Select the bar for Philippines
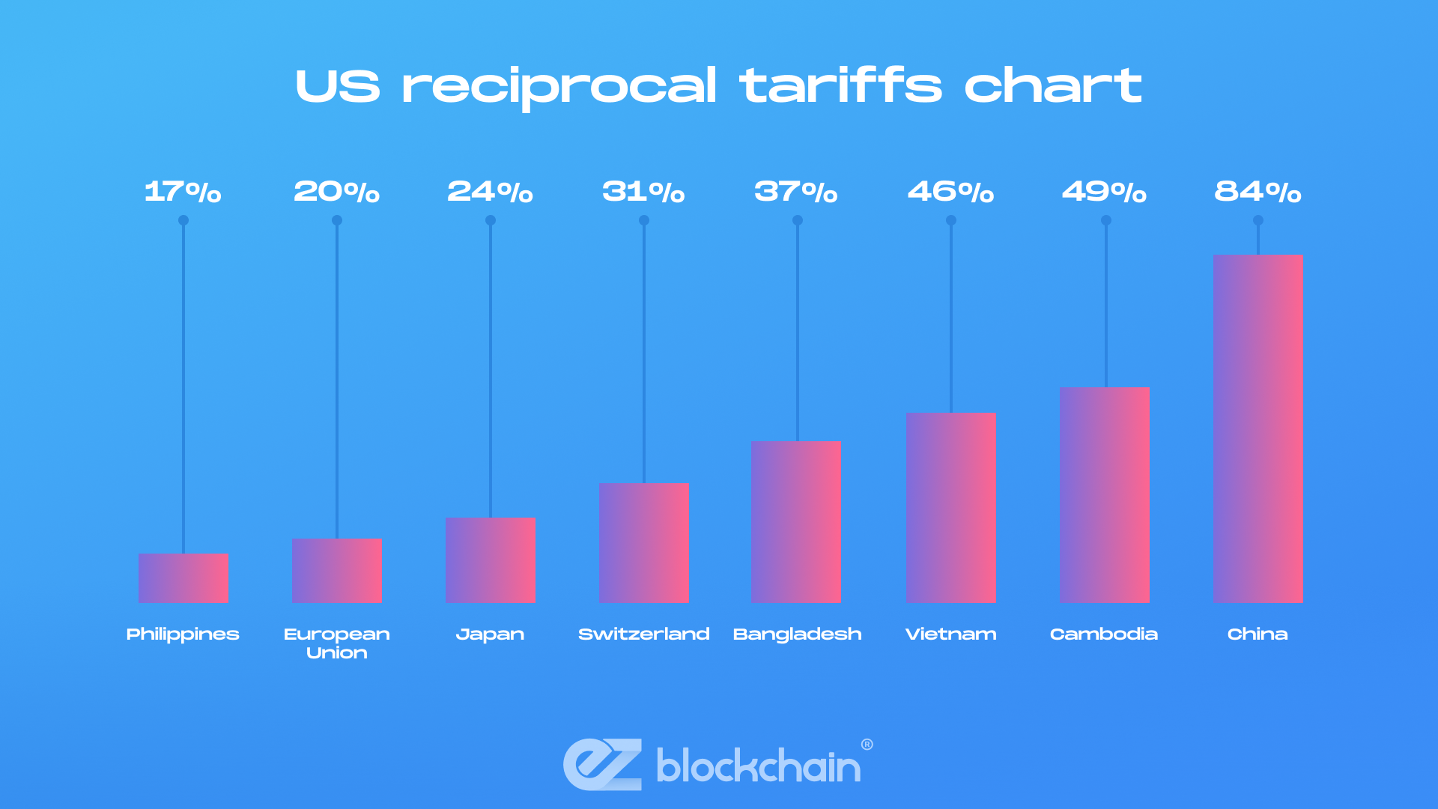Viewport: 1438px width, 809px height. pos(183,578)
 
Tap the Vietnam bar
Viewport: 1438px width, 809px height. pos(950,508)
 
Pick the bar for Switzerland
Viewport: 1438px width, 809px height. pos(643,543)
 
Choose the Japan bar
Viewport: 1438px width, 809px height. pos(491,560)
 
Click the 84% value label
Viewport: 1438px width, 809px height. pos(1258,192)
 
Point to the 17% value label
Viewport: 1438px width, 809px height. pos(183,192)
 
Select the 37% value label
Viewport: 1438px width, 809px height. pos(795,192)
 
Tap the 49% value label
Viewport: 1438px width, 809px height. pos(1104,192)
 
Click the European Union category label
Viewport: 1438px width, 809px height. pos(337,643)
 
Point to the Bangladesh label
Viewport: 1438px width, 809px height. pos(797,634)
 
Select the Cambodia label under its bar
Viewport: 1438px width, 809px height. pos(1104,634)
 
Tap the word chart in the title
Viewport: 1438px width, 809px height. pos(1052,85)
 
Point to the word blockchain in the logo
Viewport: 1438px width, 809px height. pos(758,766)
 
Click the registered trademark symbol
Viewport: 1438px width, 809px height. pos(867,745)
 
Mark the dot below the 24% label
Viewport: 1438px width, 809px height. pos(491,220)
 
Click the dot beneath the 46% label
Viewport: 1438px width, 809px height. pos(951,220)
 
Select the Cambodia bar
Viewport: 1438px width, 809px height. pos(1105,495)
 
